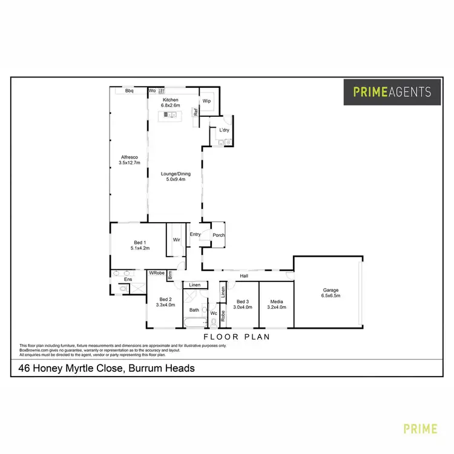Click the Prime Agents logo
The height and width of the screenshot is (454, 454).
pyautogui.click(x=392, y=92)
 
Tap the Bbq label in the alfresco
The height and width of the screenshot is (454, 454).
pyautogui.click(x=129, y=91)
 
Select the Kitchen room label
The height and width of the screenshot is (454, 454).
pyautogui.click(x=171, y=99)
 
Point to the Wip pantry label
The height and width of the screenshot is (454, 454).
pyautogui.click(x=206, y=101)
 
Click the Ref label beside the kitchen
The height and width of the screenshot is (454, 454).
pyautogui.click(x=196, y=112)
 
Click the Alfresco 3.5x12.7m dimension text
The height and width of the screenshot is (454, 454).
pyautogui.click(x=129, y=163)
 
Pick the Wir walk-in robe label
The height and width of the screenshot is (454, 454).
pyautogui.click(x=177, y=240)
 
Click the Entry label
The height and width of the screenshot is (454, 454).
pyautogui.click(x=195, y=234)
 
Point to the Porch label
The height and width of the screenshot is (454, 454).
pyautogui.click(x=218, y=235)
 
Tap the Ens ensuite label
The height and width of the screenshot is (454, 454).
pyautogui.click(x=128, y=279)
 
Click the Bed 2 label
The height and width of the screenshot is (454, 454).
pyautogui.click(x=165, y=299)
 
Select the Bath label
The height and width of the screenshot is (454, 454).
pyautogui.click(x=194, y=310)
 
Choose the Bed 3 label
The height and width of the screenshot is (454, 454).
pyautogui.click(x=243, y=301)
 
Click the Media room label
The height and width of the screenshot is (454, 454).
pyautogui.click(x=276, y=301)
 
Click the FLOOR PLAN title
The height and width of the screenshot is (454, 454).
pyautogui.click(x=236, y=337)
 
